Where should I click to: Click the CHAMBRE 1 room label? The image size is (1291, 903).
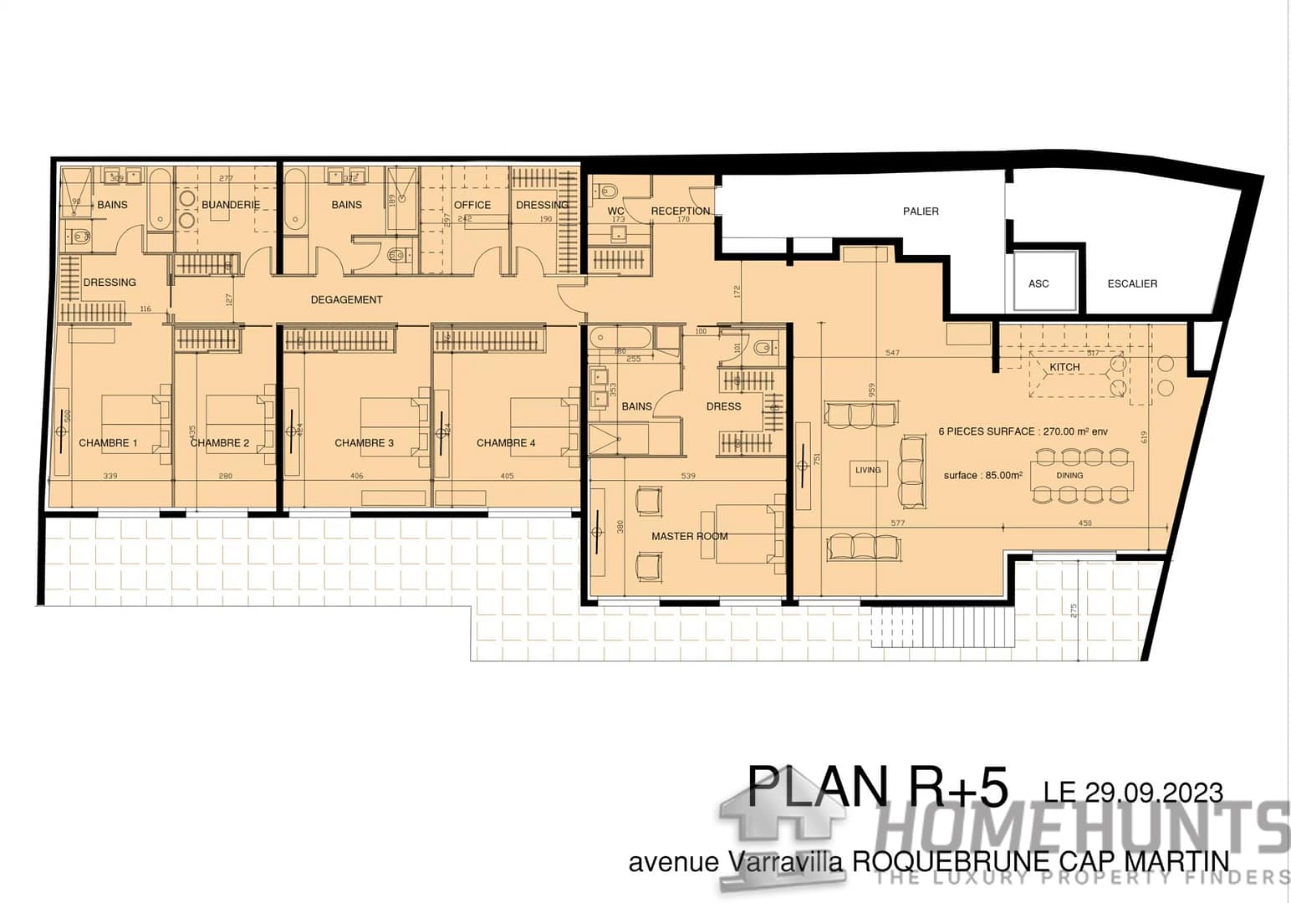coord(108,443)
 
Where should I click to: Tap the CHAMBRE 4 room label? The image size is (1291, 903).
coord(506,443)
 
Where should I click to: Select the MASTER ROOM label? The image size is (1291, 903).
coord(689,536)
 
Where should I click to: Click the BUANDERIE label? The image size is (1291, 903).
coord(231,205)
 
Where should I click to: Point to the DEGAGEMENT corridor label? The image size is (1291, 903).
coord(346,299)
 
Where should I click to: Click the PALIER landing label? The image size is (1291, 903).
coord(921,212)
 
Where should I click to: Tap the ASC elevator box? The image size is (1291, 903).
coord(1038,283)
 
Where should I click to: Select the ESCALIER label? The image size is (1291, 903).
coord(1132,283)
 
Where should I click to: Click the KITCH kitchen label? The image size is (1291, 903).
coord(1064,367)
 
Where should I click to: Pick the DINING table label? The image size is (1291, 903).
coord(1069,475)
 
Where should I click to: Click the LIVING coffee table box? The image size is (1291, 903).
coord(868,470)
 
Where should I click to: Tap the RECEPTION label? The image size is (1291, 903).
coord(681,211)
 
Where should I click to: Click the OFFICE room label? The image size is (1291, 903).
coord(472,205)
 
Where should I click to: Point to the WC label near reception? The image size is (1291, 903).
coord(616,211)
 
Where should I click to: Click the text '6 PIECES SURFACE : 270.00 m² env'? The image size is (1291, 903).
coord(1023,431)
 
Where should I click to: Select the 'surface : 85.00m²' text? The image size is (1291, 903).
coord(982,475)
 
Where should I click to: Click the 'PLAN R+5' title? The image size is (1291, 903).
coord(877,788)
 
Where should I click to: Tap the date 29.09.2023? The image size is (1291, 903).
coord(1154,792)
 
